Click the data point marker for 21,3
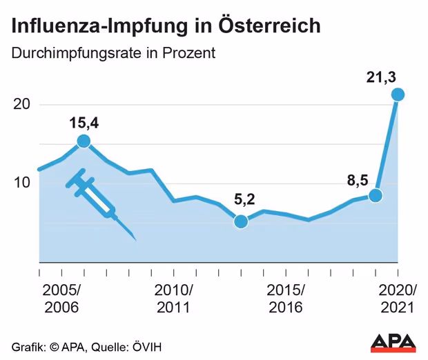pyautogui.click(x=398, y=94)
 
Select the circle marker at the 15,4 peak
pyautogui.click(x=84, y=141)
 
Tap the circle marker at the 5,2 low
pyautogui.click(x=241, y=221)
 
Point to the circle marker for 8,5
pyautogui.click(x=376, y=195)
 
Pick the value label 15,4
pyautogui.click(x=84, y=123)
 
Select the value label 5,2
pyautogui.click(x=244, y=200)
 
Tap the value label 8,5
pyautogui.click(x=358, y=181)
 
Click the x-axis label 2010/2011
pyautogui.click(x=174, y=298)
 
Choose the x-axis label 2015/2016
pyautogui.click(x=285, y=298)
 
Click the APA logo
pyautogui.click(x=393, y=342)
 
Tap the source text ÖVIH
pyautogui.click(x=148, y=346)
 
